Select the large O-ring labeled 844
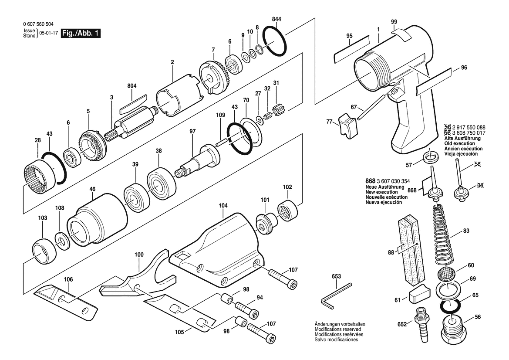coord(274,41)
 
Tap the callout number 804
coord(132,86)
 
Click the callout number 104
coord(223,205)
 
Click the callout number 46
coord(92,188)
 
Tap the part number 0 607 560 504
coord(39,24)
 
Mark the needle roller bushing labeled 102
coord(288,211)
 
